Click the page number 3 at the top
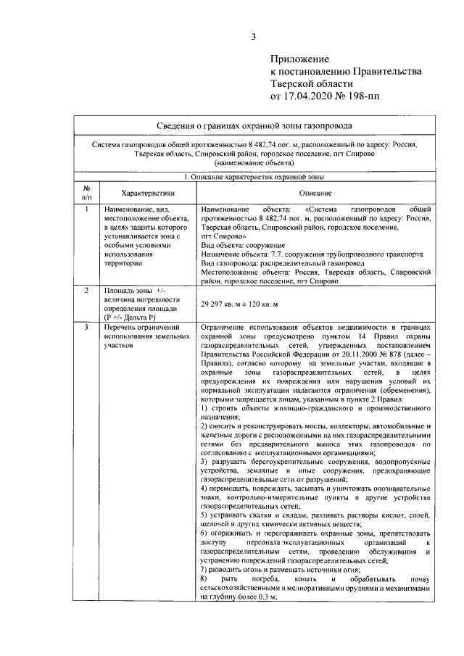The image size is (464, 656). coord(254,38)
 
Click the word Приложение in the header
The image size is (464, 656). coord(299,58)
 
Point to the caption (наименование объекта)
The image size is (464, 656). coord(258,165)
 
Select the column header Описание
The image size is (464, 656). coord(315,193)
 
